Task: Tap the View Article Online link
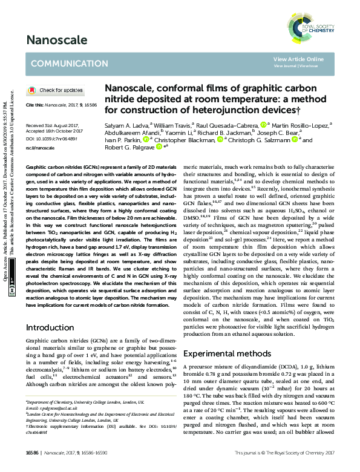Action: (x=298, y=59)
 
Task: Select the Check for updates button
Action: (x=56, y=90)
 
